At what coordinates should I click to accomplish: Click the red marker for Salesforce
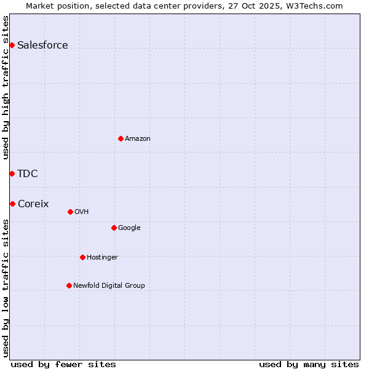[12, 45]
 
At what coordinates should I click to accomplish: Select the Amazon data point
[121, 138]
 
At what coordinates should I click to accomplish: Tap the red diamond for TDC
[12, 173]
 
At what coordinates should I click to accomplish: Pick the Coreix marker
[12, 204]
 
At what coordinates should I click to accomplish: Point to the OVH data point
[70, 212]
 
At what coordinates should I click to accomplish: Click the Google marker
[114, 228]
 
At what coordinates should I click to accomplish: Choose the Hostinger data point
[82, 257]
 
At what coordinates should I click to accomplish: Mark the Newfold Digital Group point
[69, 285]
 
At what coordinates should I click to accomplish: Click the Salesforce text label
[42, 45]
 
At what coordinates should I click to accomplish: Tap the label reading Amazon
[138, 138]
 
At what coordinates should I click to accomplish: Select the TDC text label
[28, 173]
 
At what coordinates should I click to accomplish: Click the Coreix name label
[33, 204]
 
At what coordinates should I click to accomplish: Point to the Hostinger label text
[102, 257]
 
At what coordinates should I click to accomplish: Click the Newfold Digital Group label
[109, 285]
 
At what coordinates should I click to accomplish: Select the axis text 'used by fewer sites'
[63, 364]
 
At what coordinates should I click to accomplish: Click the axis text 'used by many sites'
[309, 364]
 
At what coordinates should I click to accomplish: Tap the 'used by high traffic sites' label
[6, 87]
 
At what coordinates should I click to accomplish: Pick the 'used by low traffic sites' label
[6, 288]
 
